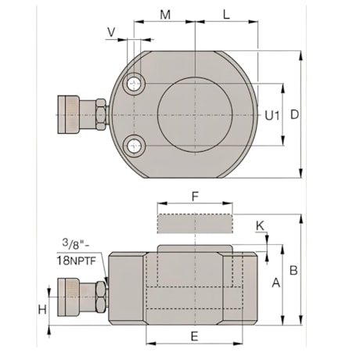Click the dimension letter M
(x=164, y=15)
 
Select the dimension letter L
(x=225, y=15)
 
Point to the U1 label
(x=272, y=115)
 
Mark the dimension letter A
(x=275, y=283)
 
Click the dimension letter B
(x=293, y=271)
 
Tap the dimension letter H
(x=43, y=309)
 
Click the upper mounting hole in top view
(x=137, y=84)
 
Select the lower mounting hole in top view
(x=137, y=145)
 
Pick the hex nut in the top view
(x=102, y=114)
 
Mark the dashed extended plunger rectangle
(x=195, y=223)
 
